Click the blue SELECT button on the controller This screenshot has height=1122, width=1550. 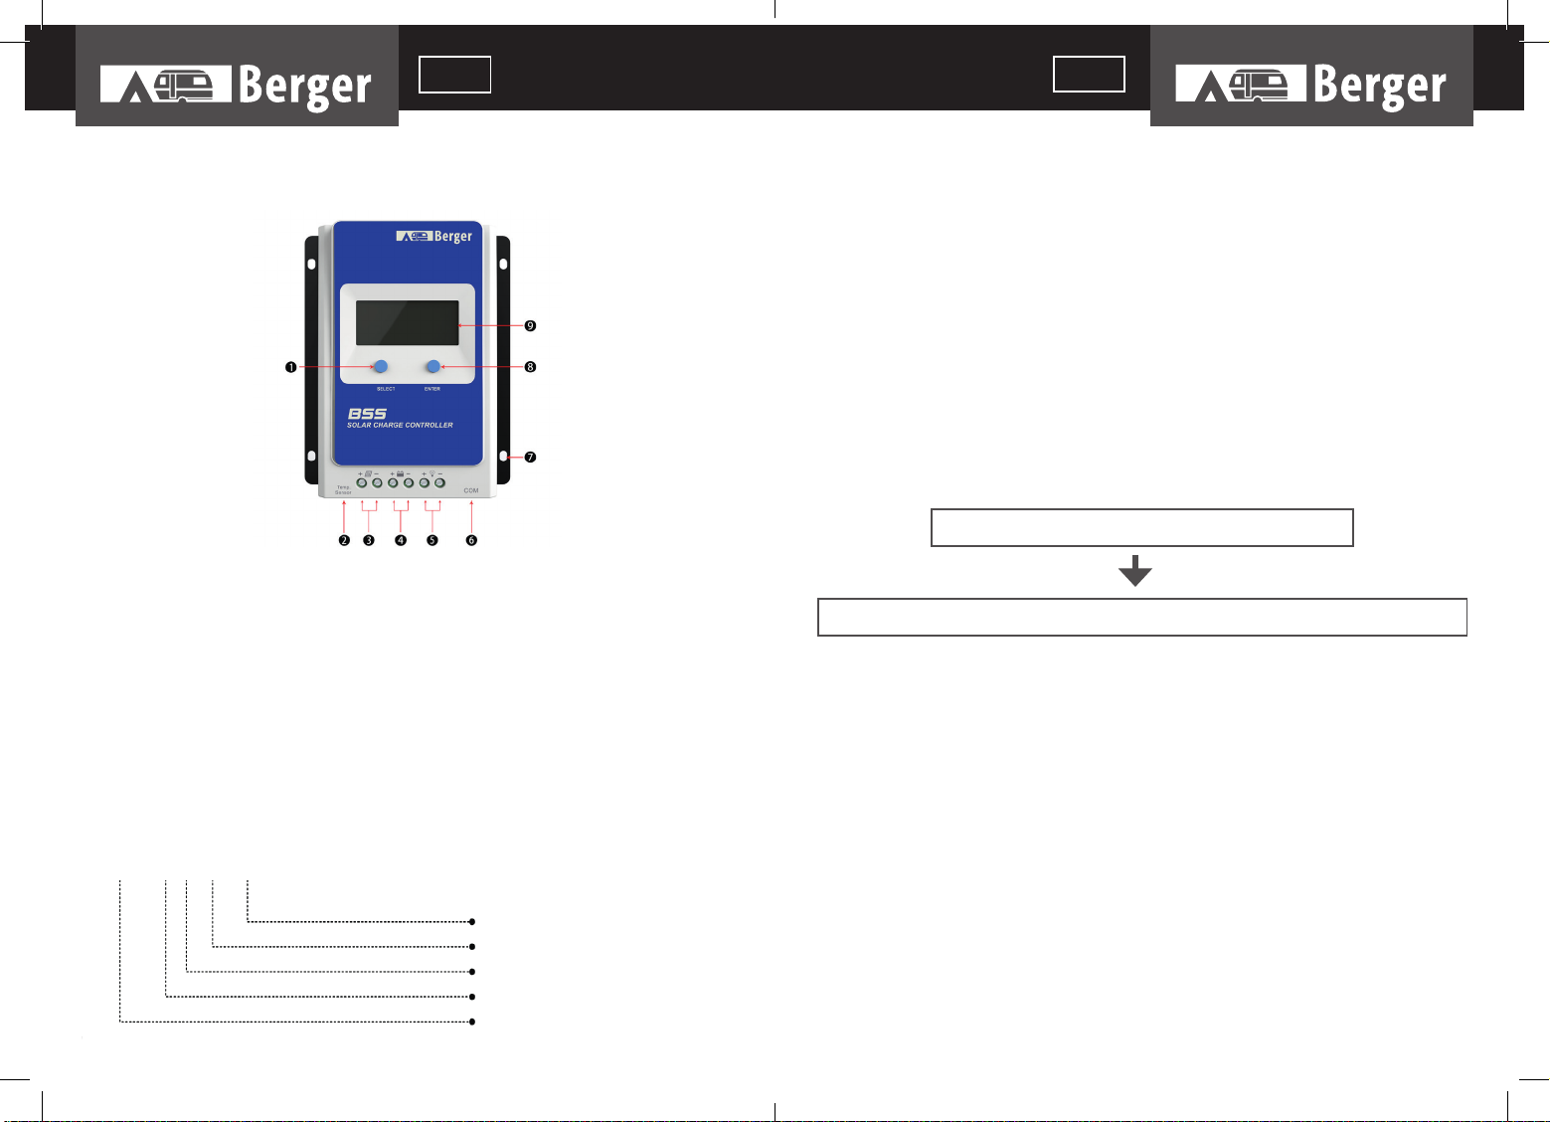[x=380, y=366]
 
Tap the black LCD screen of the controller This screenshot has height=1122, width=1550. [x=408, y=322]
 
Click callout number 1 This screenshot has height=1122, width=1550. [x=290, y=367]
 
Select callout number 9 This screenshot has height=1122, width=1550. [x=530, y=325]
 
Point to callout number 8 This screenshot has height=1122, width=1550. [x=530, y=367]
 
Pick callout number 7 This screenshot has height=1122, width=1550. [x=530, y=458]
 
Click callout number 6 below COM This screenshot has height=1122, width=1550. [x=471, y=540]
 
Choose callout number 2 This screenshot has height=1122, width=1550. [x=344, y=540]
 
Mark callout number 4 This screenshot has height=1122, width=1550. [x=401, y=540]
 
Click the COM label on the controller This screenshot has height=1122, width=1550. [x=471, y=490]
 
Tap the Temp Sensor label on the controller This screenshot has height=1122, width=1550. [x=343, y=489]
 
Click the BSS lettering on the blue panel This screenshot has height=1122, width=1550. [x=367, y=414]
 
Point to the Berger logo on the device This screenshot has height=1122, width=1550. [x=434, y=237]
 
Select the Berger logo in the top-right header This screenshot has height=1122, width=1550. [x=1310, y=85]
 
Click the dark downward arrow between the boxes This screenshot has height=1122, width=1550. [x=1134, y=571]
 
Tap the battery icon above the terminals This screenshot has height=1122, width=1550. [x=400, y=473]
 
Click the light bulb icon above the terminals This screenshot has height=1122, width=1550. [x=431, y=473]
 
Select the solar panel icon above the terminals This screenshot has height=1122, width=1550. [x=368, y=473]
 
